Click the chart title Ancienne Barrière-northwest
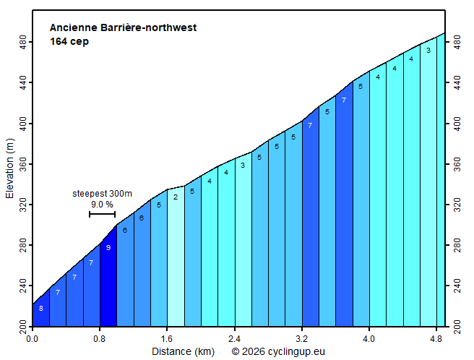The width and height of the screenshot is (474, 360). pos(123,28)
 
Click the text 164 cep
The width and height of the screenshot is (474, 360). pos(69,41)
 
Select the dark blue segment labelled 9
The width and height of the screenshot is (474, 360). pos(108,282)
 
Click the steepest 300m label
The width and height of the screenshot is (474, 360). pos(102,194)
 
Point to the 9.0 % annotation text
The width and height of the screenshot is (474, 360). pos(102,205)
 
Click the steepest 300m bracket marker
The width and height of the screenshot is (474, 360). pos(102,214)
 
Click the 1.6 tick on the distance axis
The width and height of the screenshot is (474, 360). pos(167,338)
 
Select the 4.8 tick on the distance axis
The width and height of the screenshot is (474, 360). pos(436,338)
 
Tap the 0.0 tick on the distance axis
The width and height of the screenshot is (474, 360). pos(33,338)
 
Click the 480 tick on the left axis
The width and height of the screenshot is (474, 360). pos(22,43)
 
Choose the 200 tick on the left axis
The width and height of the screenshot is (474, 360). pos(22,328)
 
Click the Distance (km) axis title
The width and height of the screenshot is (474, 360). pos(183,351)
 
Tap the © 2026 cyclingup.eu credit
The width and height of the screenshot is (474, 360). pos(278,351)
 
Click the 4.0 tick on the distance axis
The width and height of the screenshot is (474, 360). pos(369,338)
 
